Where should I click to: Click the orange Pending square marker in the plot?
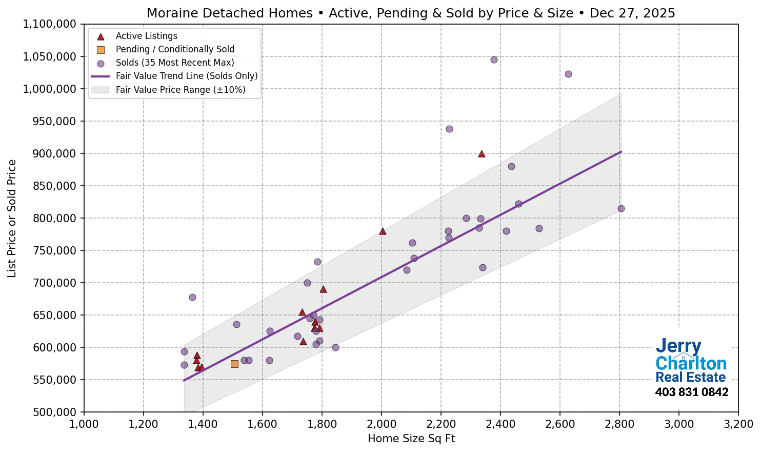(x=234, y=364)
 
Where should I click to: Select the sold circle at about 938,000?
(x=449, y=129)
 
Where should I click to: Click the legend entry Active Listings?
(x=146, y=36)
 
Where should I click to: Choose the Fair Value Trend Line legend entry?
(x=186, y=76)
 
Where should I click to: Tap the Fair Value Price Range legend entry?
(x=180, y=90)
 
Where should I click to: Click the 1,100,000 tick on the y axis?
(x=49, y=24)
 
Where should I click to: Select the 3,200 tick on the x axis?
(x=738, y=424)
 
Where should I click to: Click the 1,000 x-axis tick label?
(x=84, y=424)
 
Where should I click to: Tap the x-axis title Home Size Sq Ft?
(x=411, y=439)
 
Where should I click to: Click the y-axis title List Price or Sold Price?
(x=12, y=218)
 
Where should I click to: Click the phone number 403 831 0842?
(x=691, y=392)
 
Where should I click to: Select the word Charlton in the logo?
(x=691, y=363)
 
